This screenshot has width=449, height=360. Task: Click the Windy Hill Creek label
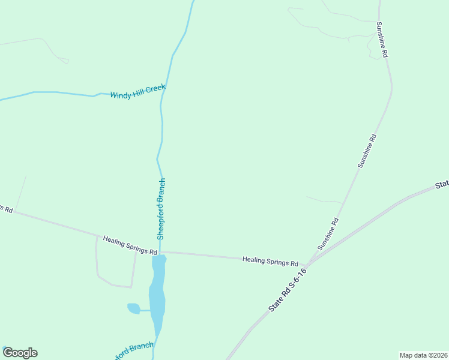[137, 92]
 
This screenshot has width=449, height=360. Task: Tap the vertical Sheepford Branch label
[161, 209]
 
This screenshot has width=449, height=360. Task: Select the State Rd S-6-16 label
[288, 290]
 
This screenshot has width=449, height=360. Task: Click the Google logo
[20, 353]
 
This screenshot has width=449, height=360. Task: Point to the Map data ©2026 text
[424, 355]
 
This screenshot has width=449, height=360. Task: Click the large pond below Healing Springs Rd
[158, 294]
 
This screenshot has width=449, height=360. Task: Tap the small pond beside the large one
[133, 308]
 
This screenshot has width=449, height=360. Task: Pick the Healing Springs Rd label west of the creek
[129, 245]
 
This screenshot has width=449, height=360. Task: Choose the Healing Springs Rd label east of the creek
[270, 262]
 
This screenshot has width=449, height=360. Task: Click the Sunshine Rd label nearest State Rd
[328, 234]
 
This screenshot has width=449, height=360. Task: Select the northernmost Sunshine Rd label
[382, 40]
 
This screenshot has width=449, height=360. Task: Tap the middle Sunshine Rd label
[367, 150]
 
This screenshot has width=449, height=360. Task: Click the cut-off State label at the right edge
[442, 184]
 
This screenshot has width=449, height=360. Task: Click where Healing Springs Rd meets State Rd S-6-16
[308, 263]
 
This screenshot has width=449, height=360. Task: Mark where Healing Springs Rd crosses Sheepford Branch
[160, 252]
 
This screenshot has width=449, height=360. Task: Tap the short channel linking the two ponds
[145, 310]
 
